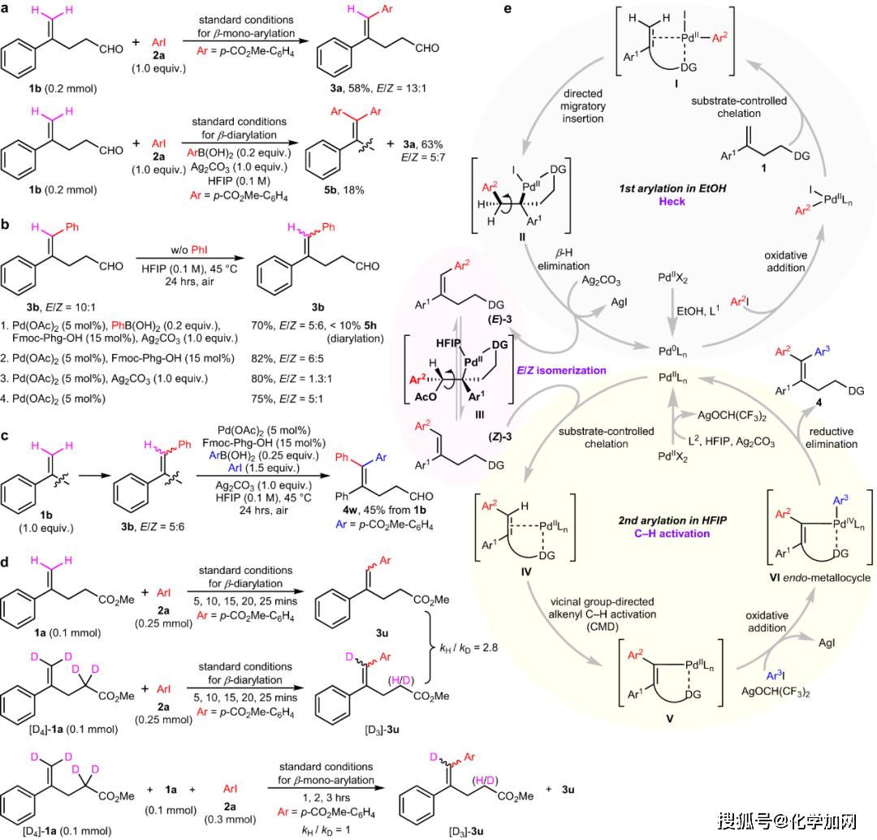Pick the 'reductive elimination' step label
coord(831,438)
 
